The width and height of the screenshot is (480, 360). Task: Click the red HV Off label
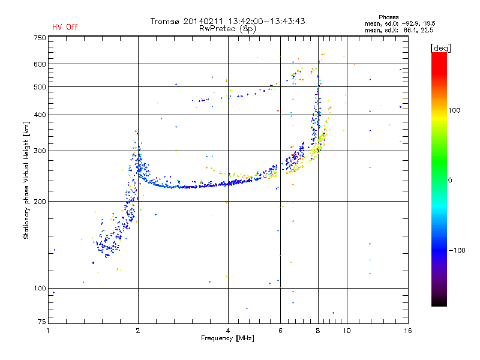[x=65, y=27]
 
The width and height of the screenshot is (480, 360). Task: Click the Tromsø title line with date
[x=228, y=21]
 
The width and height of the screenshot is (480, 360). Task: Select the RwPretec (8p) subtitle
[x=227, y=29]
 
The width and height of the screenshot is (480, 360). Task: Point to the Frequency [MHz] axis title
[x=227, y=338]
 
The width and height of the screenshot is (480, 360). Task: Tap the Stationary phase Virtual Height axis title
[x=26, y=181]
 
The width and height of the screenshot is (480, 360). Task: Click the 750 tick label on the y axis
[x=40, y=38]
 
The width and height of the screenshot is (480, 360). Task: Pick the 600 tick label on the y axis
[x=40, y=64]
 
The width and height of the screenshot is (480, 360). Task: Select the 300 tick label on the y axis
[x=40, y=151]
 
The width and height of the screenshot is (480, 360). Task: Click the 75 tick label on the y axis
[x=42, y=322]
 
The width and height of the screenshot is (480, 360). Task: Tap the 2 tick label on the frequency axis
[x=138, y=331]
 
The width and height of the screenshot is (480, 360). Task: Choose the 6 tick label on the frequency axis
[x=280, y=331]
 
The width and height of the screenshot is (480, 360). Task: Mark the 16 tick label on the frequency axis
[x=408, y=331]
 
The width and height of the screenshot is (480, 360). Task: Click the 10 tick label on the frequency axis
[x=347, y=331]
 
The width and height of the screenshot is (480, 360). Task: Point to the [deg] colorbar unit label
[x=440, y=49]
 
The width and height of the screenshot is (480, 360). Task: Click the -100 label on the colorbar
[x=457, y=250]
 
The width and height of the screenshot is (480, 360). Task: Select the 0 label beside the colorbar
[x=450, y=180]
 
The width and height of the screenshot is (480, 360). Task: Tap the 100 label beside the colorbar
[x=454, y=110]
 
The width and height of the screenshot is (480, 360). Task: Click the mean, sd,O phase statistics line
[x=400, y=23]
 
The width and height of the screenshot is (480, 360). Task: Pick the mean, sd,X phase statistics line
[x=399, y=30]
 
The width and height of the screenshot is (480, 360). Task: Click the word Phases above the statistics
[x=388, y=17]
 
